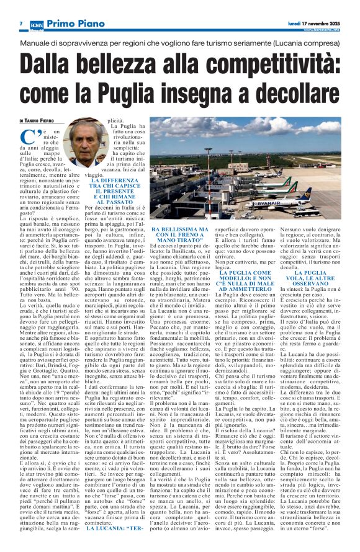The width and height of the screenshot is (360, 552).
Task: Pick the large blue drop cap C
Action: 29,138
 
